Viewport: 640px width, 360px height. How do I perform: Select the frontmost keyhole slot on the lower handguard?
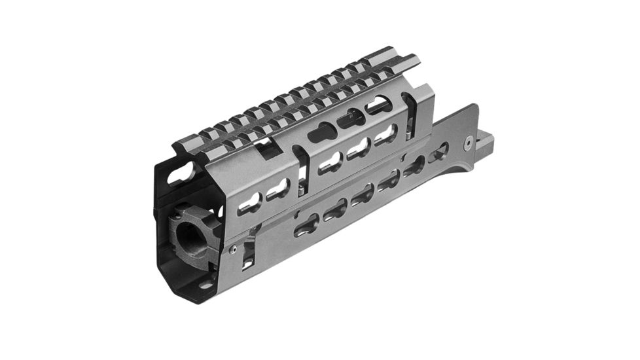[x=305, y=227]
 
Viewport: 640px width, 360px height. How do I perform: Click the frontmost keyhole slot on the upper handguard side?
[x=249, y=205]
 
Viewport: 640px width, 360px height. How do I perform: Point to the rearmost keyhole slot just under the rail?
[x=380, y=105]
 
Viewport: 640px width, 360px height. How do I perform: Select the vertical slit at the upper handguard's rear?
[x=410, y=115]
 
